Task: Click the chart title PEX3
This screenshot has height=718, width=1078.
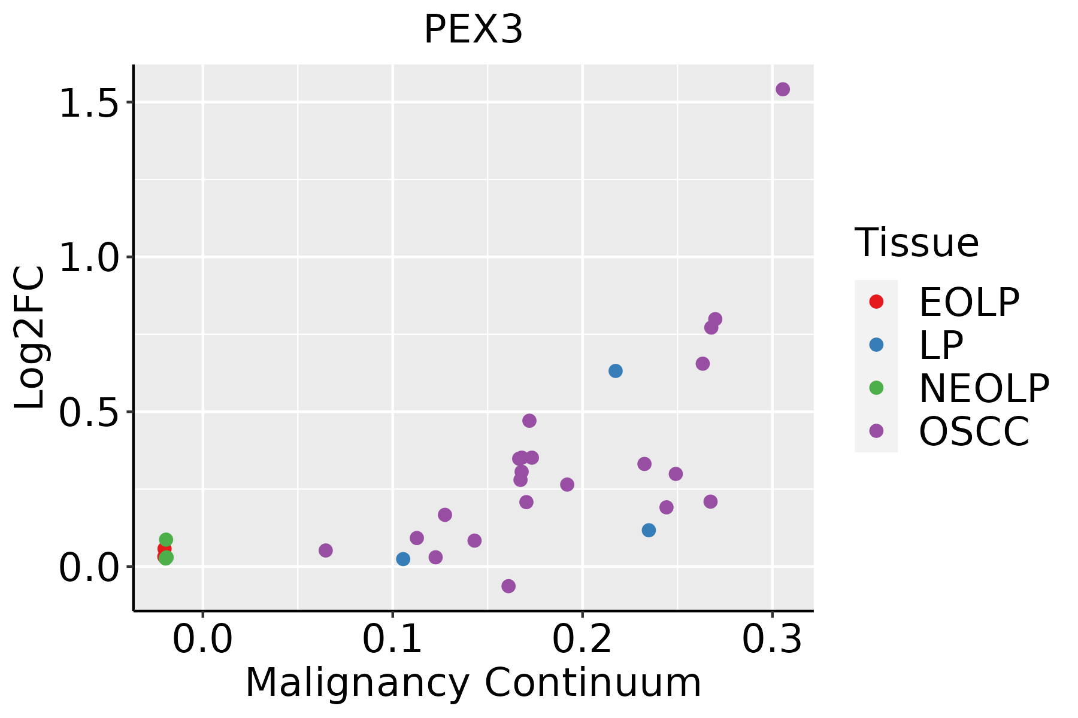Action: point(473,30)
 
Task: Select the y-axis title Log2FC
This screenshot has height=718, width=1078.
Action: point(30,337)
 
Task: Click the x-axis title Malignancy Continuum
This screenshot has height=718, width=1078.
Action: point(473,683)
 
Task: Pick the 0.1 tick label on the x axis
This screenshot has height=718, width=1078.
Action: point(392,640)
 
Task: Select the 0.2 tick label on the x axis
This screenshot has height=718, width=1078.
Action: point(582,640)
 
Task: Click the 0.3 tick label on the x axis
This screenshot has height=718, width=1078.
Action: point(772,640)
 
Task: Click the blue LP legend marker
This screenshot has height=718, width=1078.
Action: point(876,345)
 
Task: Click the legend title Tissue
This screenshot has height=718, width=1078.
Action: point(916,243)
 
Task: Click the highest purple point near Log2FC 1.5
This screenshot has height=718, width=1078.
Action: point(783,89)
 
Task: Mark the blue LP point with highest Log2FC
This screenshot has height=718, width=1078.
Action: point(616,371)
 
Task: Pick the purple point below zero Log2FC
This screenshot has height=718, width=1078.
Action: point(508,586)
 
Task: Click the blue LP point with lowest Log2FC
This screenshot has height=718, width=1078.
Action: point(403,559)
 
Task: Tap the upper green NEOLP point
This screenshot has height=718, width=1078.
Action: point(166,540)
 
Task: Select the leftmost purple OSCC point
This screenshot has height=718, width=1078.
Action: point(326,550)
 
